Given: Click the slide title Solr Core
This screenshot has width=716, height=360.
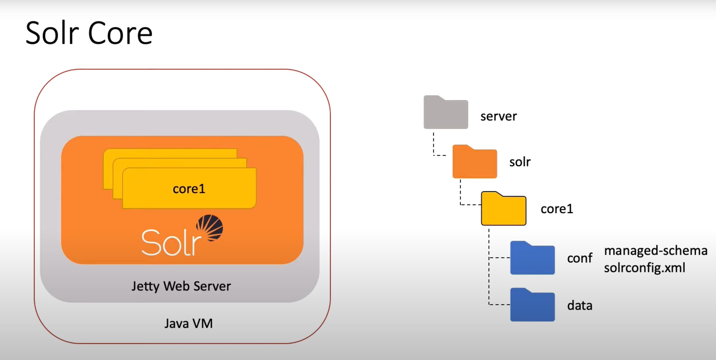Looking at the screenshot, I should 89,33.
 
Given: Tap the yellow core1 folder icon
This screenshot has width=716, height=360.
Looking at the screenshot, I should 503,209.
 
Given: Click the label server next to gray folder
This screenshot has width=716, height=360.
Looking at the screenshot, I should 499,116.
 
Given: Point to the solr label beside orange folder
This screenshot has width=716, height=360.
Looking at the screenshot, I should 520,162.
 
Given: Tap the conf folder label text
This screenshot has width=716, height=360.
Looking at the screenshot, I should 580,258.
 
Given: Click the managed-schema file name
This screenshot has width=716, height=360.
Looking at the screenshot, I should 656,250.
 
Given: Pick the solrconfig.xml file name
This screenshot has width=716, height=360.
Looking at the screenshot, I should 645,268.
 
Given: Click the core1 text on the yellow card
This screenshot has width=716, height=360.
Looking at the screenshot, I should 189,189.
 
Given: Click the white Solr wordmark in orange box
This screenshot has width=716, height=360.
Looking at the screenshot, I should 171,242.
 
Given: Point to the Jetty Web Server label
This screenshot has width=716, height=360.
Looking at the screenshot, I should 181,286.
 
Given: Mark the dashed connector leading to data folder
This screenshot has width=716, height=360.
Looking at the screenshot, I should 499,305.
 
